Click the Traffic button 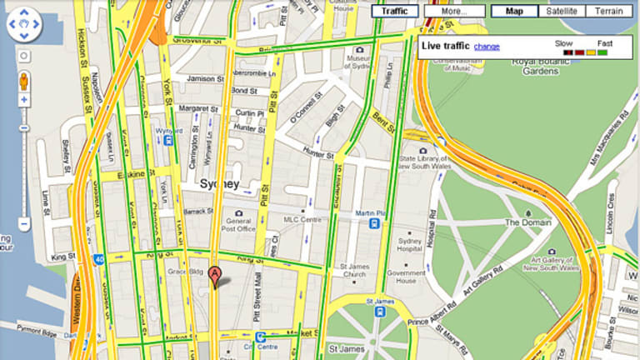395,12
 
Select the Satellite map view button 561,12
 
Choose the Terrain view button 609,12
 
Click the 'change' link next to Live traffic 487,47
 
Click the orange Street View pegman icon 23,80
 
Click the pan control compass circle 23,25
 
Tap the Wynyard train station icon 169,141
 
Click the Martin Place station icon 377,222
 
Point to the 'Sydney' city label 219,183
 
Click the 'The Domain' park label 524,222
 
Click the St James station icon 379,312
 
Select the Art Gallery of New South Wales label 547,264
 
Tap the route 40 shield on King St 99,258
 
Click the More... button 453,12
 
